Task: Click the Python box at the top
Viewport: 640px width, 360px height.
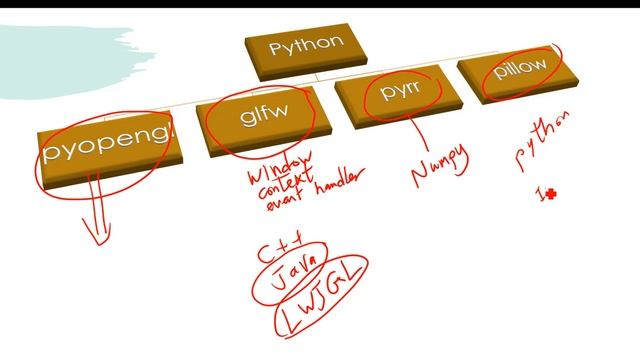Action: coord(306,49)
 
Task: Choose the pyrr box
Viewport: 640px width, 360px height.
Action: coord(399,97)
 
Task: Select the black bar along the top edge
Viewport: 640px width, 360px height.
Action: coord(320,3)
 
